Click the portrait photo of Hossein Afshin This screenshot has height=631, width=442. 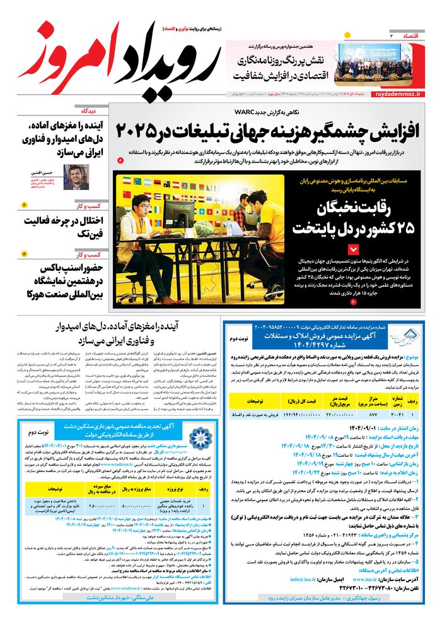[76, 177]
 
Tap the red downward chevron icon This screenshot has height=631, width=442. [354, 249]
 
